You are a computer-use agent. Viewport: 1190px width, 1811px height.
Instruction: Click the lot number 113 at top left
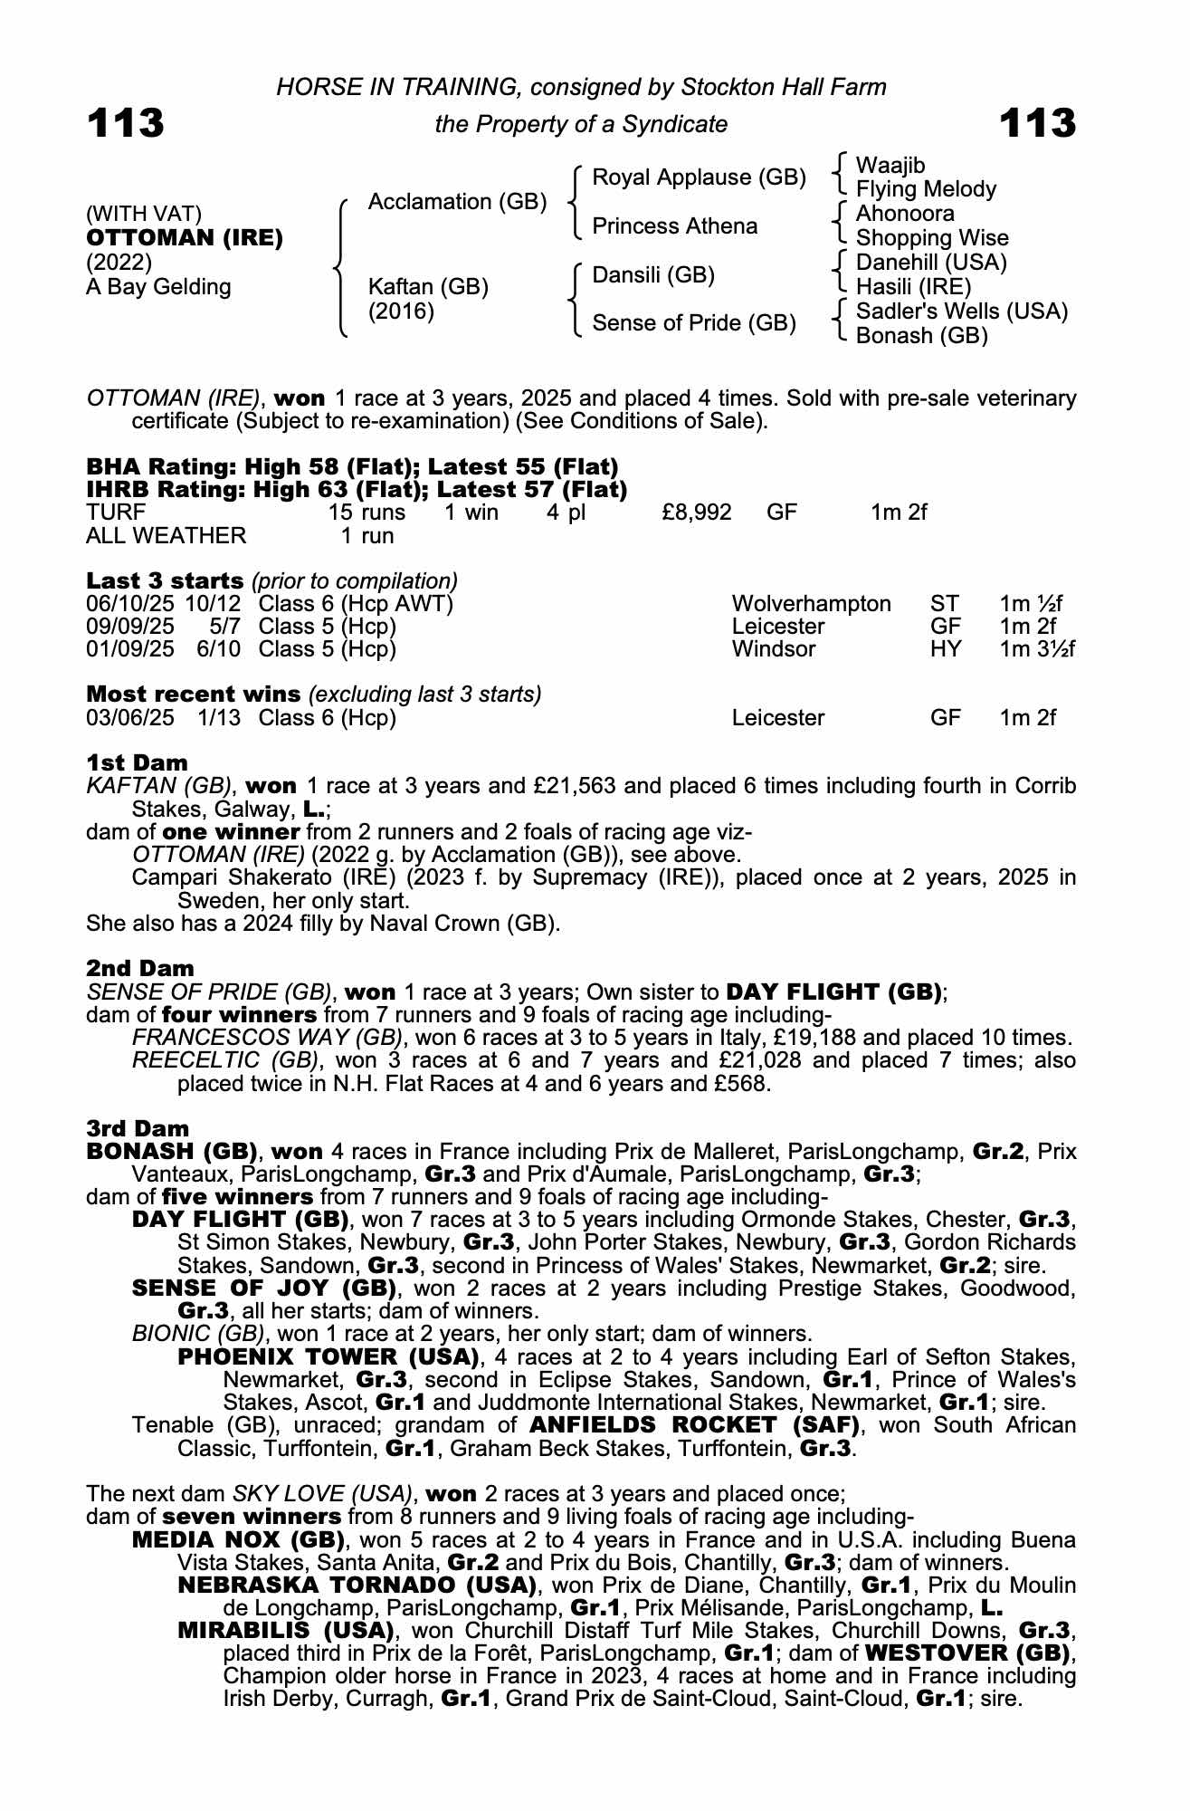tap(126, 123)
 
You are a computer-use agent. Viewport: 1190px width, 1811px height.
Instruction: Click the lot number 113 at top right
tap(1038, 123)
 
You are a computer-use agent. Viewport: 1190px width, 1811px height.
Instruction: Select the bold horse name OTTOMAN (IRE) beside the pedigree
tap(185, 238)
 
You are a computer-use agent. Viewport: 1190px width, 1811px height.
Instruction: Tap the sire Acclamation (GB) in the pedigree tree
tap(457, 201)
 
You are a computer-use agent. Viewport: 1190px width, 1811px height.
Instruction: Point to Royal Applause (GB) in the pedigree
tap(699, 177)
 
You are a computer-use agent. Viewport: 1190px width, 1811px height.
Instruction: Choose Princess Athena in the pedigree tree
tap(674, 225)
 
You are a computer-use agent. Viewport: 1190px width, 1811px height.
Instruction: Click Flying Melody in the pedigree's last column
tap(926, 189)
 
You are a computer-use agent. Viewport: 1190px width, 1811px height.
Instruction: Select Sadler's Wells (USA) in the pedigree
tap(962, 311)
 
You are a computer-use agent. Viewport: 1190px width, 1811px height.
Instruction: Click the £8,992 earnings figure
tap(696, 513)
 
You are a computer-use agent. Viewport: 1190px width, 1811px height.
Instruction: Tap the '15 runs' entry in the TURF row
tap(367, 513)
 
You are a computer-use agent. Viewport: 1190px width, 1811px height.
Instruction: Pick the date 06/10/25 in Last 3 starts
tap(130, 604)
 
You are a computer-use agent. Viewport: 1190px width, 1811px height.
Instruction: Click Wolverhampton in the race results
tap(811, 604)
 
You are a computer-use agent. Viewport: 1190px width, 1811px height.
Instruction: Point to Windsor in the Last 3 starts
tap(774, 649)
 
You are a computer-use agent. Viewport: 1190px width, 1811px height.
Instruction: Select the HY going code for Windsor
tap(946, 649)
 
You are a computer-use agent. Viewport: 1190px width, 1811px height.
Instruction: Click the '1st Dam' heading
tap(137, 762)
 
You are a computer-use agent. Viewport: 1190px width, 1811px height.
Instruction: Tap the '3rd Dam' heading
tap(138, 1128)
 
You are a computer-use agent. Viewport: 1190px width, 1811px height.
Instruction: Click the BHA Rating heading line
tap(352, 467)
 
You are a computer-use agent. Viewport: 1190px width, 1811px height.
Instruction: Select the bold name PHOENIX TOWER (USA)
tap(328, 1356)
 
